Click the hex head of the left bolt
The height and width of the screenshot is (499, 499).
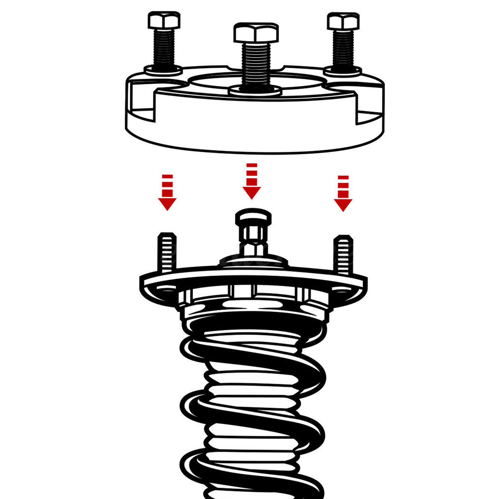point(164,21)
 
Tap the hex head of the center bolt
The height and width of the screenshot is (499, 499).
point(256,33)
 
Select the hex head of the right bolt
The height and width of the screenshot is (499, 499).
point(343,21)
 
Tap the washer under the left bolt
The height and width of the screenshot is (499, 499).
point(163,70)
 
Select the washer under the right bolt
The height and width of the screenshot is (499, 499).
point(343,71)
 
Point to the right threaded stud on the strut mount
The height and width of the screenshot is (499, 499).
point(344,254)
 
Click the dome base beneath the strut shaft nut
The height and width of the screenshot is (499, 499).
point(253,261)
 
